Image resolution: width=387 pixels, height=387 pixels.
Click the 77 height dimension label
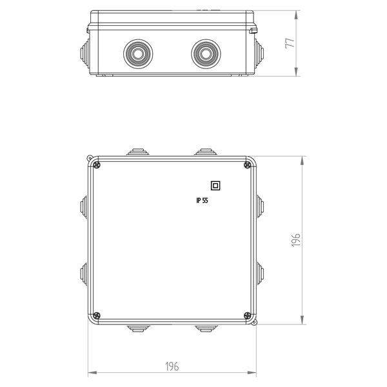(290, 43)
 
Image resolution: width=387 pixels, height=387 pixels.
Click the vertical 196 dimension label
(295, 240)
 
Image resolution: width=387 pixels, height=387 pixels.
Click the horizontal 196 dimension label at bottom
(172, 366)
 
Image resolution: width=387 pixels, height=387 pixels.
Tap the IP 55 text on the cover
(202, 201)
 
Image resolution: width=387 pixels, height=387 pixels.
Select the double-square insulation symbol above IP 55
(215, 186)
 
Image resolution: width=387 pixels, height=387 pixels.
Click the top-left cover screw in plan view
(97, 165)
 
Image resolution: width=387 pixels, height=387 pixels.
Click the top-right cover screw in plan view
(247, 165)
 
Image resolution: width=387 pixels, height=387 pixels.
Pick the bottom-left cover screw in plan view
(97, 315)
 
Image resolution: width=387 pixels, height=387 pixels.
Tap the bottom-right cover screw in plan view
(247, 315)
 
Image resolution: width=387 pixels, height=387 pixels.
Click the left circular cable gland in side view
(138, 54)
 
